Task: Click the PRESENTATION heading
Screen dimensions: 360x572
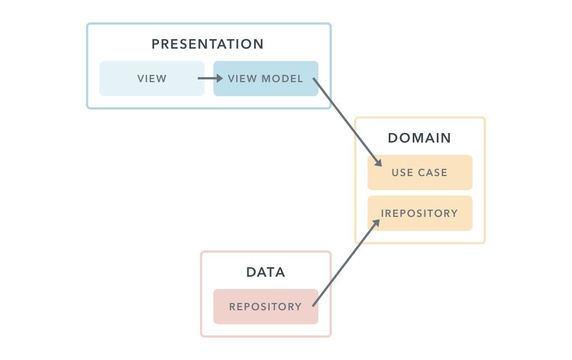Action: [208, 44]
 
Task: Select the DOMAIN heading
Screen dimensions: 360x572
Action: [420, 138]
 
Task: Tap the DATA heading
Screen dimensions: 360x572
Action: [266, 272]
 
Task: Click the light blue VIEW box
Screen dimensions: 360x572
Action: [152, 78]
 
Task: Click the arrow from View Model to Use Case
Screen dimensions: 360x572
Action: [346, 121]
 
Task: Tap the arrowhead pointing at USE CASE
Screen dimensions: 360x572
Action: [378, 163]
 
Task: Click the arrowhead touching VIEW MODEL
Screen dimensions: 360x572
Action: [220, 78]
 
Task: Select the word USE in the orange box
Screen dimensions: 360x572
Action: [402, 173]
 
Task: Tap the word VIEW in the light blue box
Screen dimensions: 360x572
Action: [152, 78]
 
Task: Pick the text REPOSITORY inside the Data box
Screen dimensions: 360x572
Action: [265, 307]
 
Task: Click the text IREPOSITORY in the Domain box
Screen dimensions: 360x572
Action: [420, 214]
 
